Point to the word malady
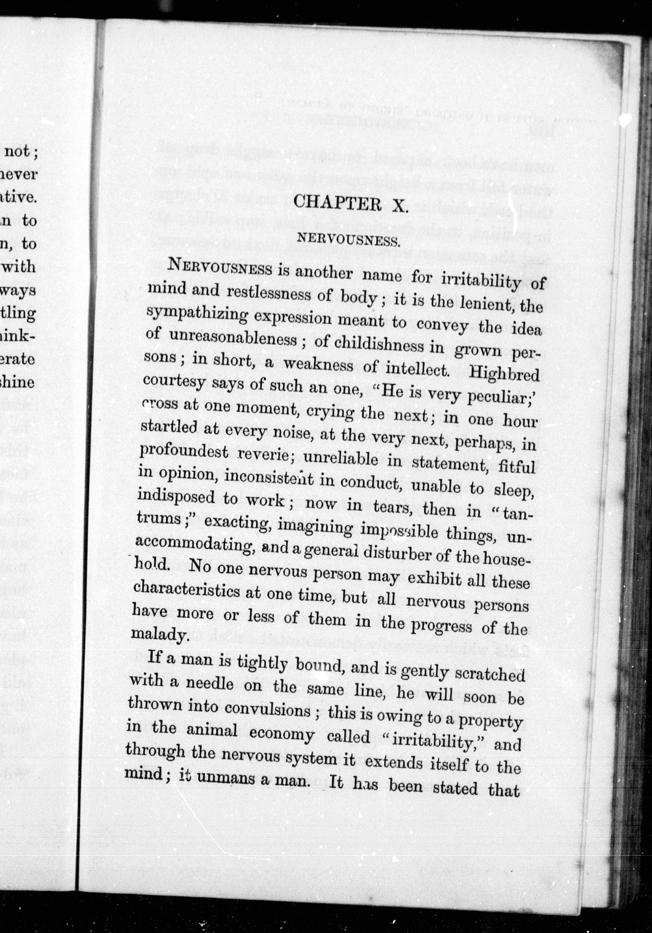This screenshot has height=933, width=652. point(161,635)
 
